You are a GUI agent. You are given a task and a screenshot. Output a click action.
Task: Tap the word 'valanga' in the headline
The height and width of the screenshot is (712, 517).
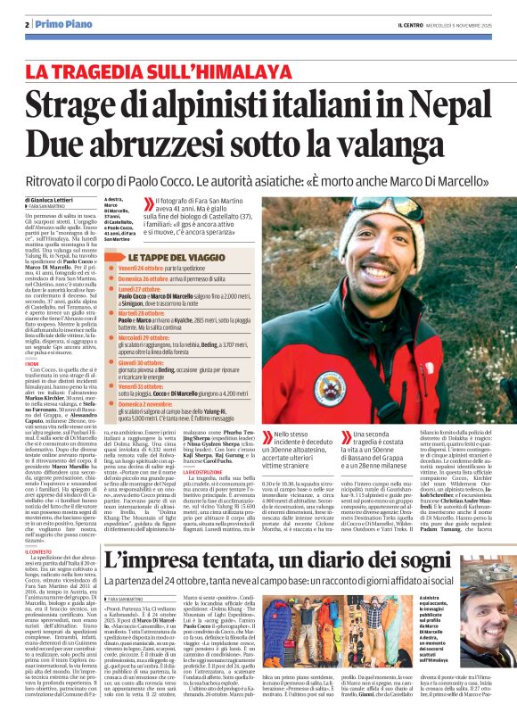420,148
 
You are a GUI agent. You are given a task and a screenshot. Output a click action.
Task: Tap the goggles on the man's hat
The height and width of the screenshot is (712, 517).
393,216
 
